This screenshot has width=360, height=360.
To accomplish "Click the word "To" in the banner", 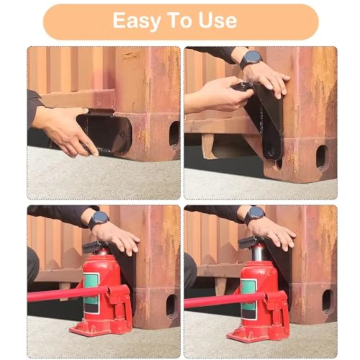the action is tap(180, 20).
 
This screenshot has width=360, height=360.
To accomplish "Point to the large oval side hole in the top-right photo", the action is tap(322, 157).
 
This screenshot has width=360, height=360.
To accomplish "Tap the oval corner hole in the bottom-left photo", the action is tap(171, 305).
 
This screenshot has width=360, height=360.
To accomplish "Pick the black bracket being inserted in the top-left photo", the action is tap(106, 133).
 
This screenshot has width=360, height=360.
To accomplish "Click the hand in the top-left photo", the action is tap(69, 128).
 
